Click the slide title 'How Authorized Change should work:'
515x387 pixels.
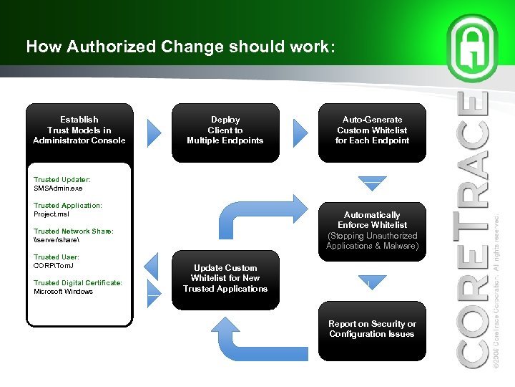tap(180, 47)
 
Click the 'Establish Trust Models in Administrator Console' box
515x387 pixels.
tap(79, 130)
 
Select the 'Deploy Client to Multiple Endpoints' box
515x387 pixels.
tap(225, 130)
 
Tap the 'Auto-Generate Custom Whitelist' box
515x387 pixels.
tap(372, 130)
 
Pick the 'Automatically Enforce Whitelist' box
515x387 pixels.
tap(372, 230)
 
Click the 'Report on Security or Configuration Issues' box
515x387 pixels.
tap(372, 330)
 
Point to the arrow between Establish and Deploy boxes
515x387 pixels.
tap(156, 130)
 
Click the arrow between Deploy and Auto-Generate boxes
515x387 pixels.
tap(301, 130)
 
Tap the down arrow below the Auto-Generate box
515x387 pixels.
tap(372, 184)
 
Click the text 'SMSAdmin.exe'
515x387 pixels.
tap(58, 188)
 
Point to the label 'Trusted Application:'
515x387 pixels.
tap(68, 206)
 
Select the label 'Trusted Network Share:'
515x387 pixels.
tap(74, 231)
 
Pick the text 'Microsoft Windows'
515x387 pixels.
tap(64, 292)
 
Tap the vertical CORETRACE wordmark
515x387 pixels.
tap(474, 229)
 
